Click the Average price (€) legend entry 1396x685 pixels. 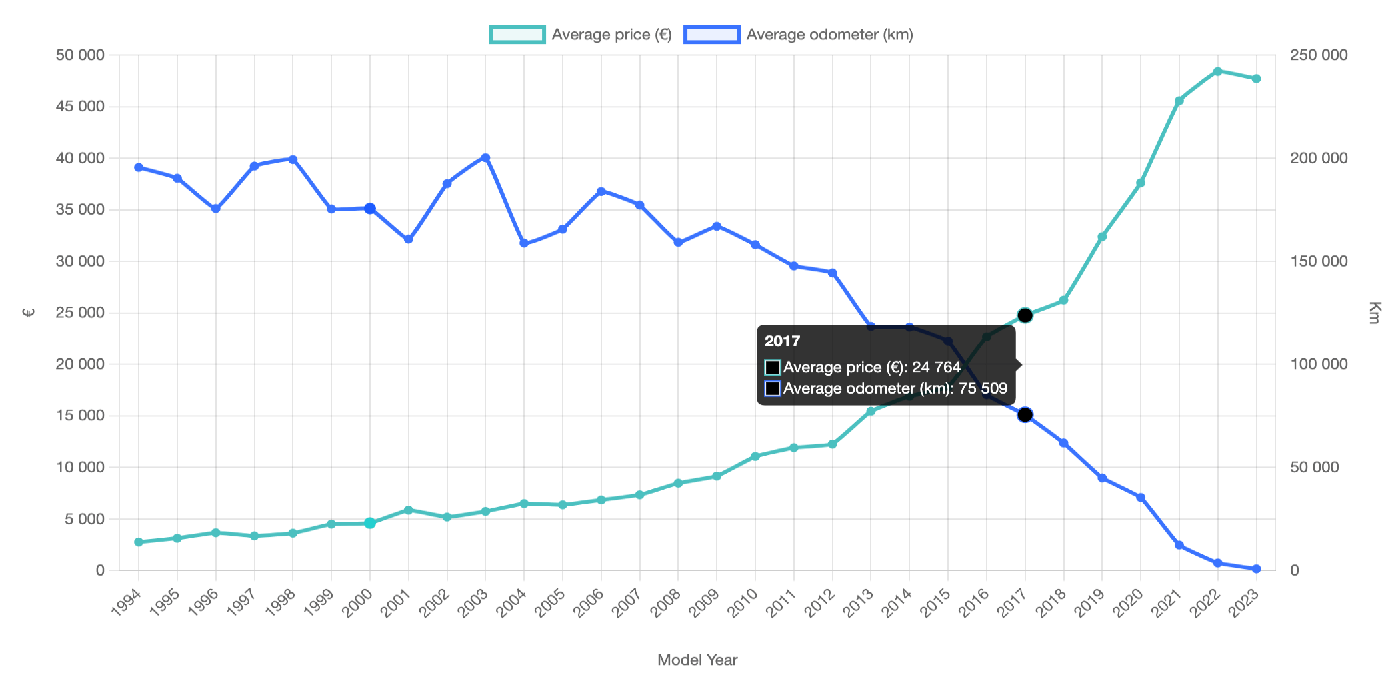point(580,35)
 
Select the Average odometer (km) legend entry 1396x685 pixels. point(799,35)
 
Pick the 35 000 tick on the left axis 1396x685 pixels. point(80,210)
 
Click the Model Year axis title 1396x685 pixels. point(697,660)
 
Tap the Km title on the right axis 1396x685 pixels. point(1373,313)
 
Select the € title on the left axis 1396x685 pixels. point(28,313)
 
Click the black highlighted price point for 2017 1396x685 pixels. point(1025,315)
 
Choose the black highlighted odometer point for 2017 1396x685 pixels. point(1025,415)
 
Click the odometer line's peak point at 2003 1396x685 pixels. point(485,158)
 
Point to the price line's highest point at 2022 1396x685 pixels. point(1218,71)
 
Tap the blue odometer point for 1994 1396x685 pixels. point(139,167)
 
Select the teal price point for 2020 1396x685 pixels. point(1141,183)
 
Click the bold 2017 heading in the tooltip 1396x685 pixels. point(782,341)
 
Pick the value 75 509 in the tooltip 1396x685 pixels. point(983,388)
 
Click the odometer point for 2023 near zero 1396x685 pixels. point(1257,569)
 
